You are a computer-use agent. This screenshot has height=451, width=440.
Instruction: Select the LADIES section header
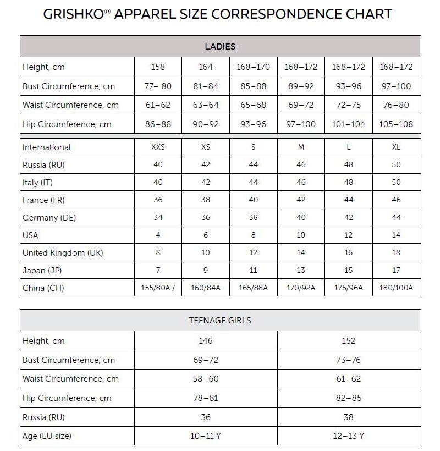(x=220, y=47)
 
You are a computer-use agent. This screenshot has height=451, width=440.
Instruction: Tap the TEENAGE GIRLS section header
(x=220, y=320)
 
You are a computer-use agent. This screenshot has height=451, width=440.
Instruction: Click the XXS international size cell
(x=158, y=147)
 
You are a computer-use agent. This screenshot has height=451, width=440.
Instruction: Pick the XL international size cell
(x=396, y=147)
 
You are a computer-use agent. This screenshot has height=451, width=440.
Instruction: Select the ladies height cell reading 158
(x=158, y=67)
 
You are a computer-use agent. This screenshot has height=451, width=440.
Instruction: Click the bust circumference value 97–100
(x=396, y=86)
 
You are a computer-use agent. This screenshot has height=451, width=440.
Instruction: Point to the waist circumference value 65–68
(x=253, y=105)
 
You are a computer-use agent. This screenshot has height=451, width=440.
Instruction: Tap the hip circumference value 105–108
(x=396, y=124)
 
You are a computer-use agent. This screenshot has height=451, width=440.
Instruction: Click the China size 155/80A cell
(x=158, y=288)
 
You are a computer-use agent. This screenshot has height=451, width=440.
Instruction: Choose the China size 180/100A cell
(x=396, y=288)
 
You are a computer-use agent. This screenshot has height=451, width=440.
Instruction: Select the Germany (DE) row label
(x=50, y=217)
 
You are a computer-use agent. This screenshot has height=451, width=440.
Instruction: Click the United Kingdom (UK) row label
(x=63, y=253)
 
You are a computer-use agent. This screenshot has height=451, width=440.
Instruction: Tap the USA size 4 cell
(x=158, y=235)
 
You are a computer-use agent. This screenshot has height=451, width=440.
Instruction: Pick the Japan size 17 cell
(x=396, y=270)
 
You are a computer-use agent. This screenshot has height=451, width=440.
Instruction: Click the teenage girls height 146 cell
(x=205, y=341)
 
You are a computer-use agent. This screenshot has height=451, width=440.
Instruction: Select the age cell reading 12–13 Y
(x=348, y=436)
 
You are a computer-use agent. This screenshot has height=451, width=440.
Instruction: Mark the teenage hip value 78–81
(x=205, y=398)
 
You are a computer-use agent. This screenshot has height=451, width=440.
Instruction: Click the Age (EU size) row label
(x=47, y=436)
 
